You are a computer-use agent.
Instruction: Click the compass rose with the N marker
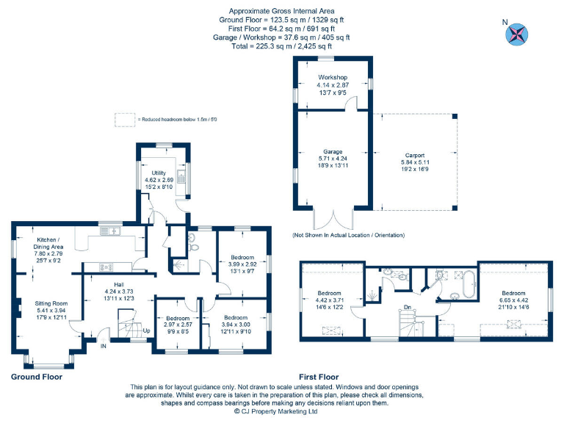pos(518,34)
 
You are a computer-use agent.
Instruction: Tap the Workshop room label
pos(332,77)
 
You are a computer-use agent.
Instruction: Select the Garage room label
pos(332,151)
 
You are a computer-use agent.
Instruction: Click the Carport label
pos(414,156)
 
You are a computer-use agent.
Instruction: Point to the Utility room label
pos(158,173)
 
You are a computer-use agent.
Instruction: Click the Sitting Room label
pos(51,303)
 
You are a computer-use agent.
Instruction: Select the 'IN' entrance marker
pos(103,345)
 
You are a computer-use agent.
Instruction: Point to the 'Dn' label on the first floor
pos(407,308)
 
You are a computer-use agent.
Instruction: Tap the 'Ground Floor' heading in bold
pos(37,377)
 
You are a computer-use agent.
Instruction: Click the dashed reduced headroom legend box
pos(126,118)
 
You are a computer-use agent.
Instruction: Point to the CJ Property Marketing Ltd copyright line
pos(275,412)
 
